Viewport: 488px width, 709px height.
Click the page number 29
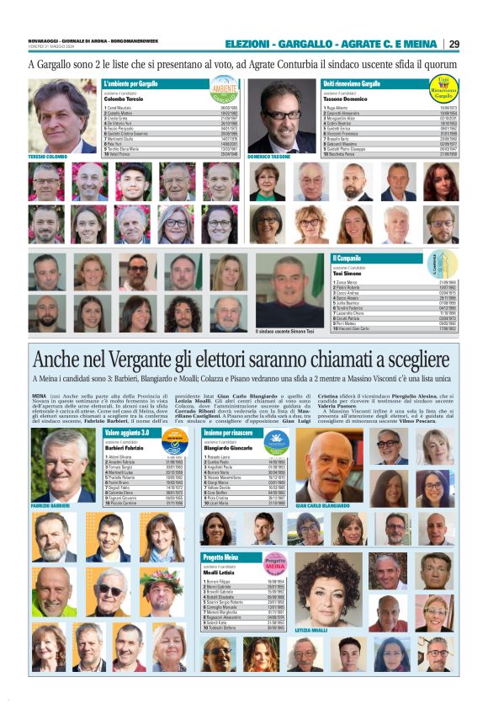tap(454, 44)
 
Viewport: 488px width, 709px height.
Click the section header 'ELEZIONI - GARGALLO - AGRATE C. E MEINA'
tap(332, 44)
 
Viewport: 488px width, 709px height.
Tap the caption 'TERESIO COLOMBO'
tap(47, 157)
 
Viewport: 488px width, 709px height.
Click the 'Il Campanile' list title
tap(348, 258)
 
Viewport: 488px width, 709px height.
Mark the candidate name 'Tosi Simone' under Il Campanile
tap(348, 273)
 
